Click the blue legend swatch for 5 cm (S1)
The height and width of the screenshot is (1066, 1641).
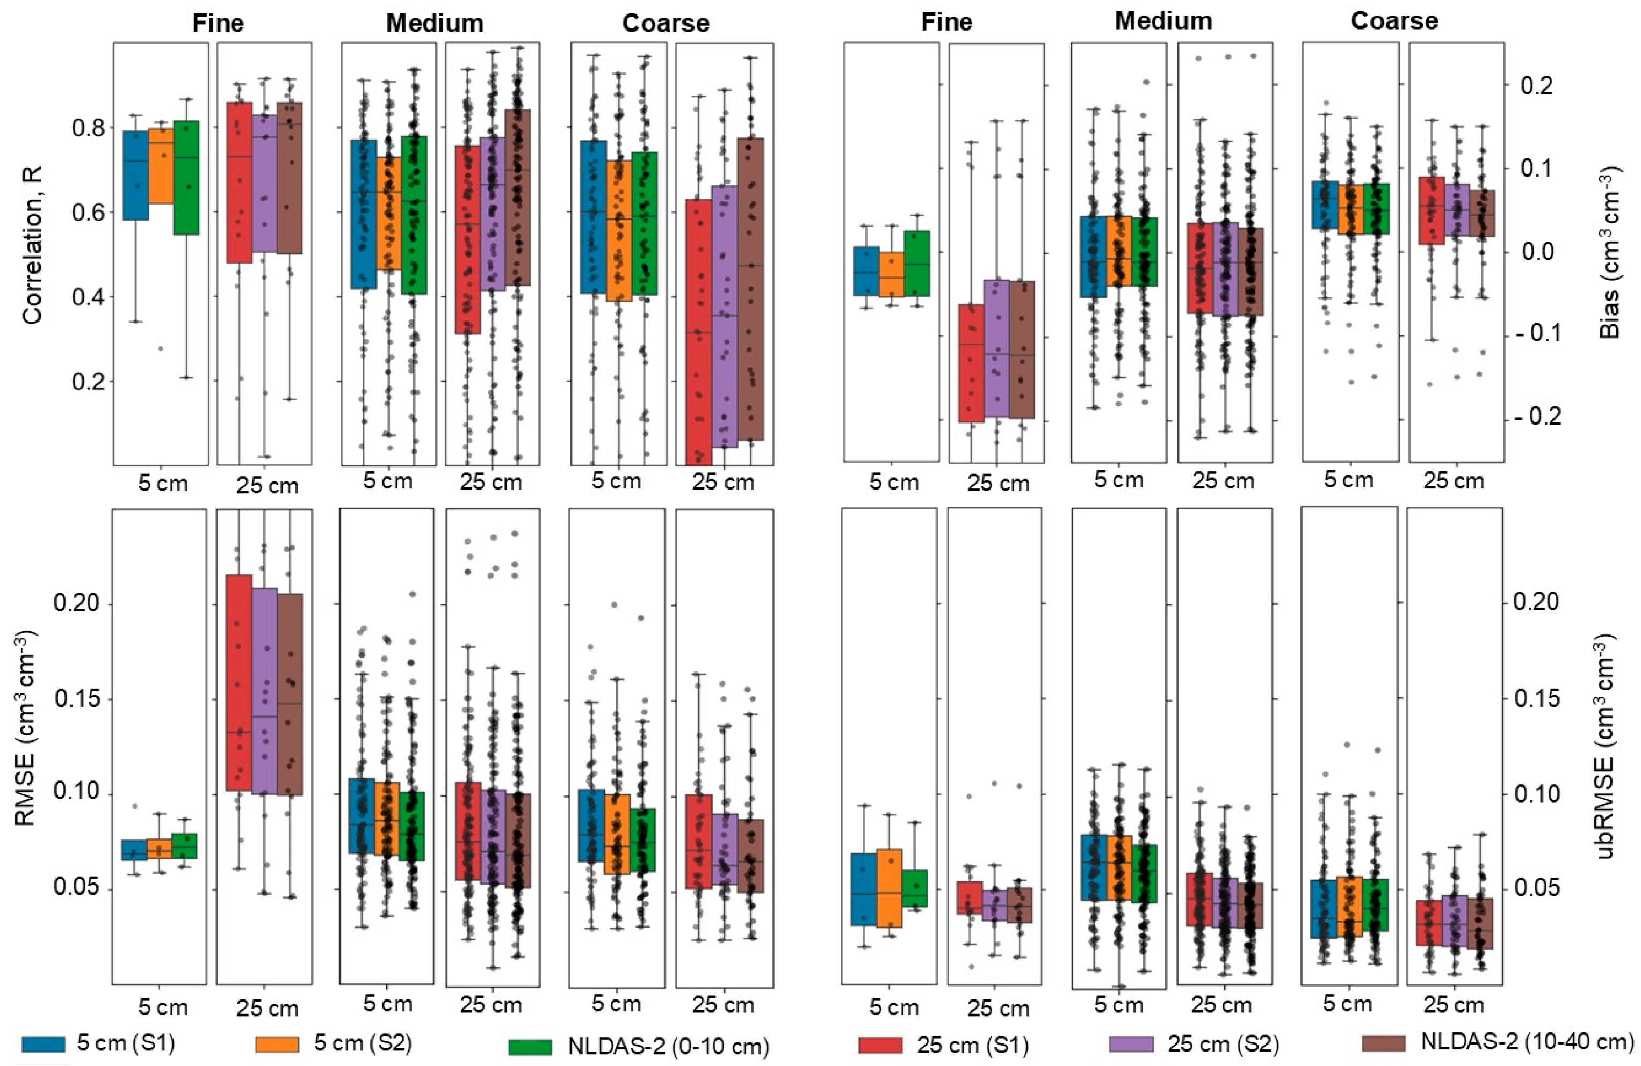pyautogui.click(x=44, y=1045)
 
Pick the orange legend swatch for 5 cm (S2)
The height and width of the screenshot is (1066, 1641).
pyautogui.click(x=277, y=1045)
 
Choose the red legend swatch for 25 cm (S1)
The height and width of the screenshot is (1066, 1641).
pyautogui.click(x=880, y=1045)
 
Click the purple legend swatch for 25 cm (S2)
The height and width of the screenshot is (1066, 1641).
pyautogui.click(x=1131, y=1045)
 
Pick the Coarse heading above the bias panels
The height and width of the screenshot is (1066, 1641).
pyautogui.click(x=1394, y=21)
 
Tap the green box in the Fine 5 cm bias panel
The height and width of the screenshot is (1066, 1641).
pyautogui.click(x=917, y=263)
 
